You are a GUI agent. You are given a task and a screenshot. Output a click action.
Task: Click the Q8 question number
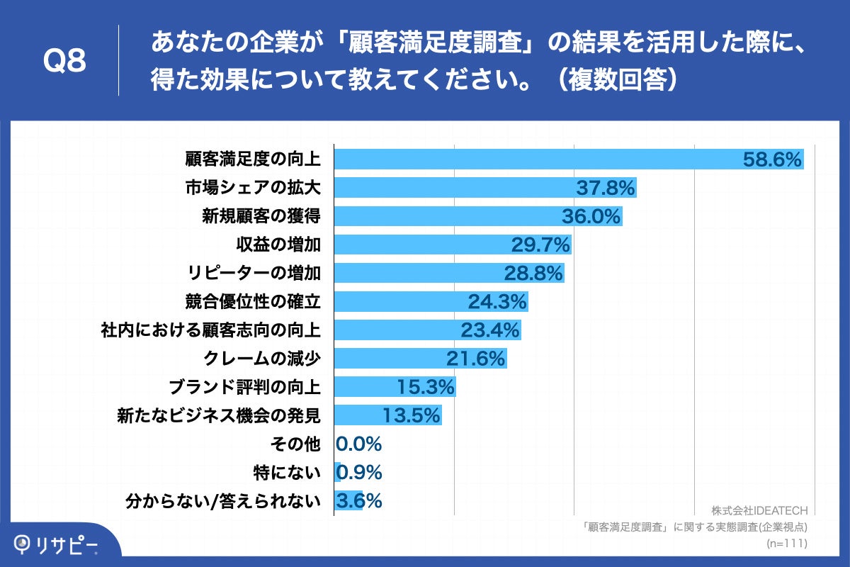(64, 62)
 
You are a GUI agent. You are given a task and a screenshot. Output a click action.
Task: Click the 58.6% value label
(771, 159)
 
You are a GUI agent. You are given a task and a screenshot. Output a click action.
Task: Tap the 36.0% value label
(591, 216)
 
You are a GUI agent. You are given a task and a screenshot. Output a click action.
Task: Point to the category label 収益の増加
(278, 245)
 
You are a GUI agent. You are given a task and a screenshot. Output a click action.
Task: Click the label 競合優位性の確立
(253, 301)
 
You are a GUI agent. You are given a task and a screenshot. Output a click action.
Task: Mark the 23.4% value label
(490, 330)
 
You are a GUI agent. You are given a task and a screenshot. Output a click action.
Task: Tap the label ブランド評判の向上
(244, 387)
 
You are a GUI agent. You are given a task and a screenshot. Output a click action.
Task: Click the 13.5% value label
(412, 415)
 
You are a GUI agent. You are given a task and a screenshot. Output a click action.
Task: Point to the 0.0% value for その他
(359, 444)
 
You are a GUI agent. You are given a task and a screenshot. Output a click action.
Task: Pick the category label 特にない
(287, 472)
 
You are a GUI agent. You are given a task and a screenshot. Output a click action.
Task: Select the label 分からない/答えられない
(222, 500)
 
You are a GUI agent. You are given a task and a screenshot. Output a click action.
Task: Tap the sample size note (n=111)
(787, 543)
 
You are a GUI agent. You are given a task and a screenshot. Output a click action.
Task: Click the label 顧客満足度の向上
(253, 159)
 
